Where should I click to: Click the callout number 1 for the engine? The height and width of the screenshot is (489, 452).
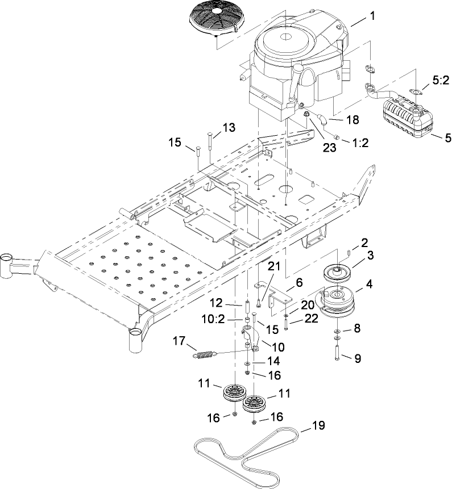pos(372,16)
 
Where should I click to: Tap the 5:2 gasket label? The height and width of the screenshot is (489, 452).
pos(439,81)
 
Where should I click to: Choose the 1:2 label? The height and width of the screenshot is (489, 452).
pos(360,143)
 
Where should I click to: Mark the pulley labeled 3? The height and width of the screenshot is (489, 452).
pos(338,272)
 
